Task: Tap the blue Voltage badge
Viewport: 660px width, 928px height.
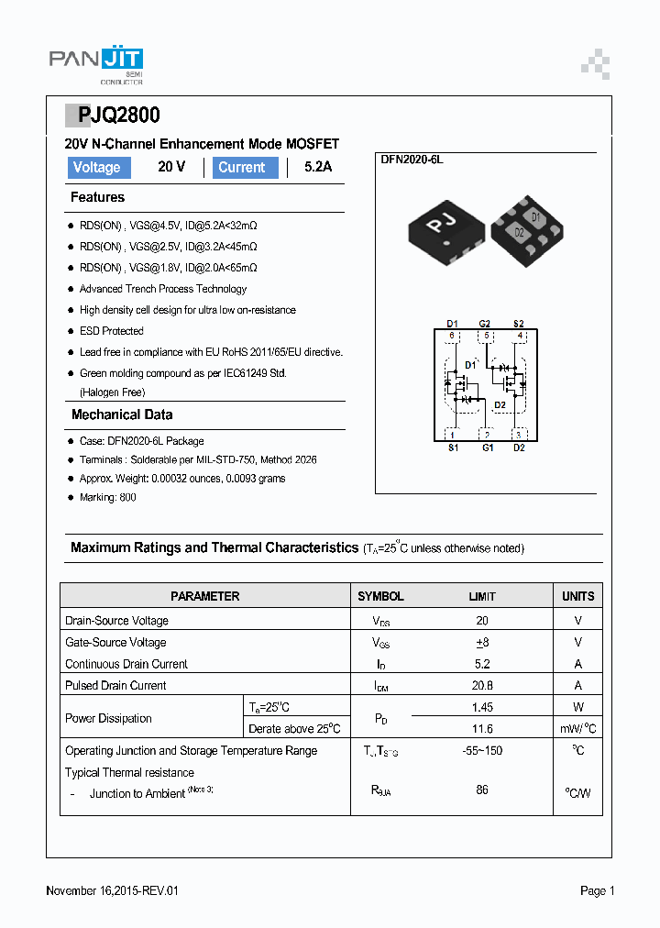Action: [x=97, y=168]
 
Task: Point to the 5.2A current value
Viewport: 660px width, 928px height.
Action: [x=318, y=168]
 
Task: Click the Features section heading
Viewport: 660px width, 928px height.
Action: [x=97, y=197]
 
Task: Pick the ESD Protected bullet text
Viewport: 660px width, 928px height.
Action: [x=112, y=331]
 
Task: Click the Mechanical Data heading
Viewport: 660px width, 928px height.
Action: [x=122, y=414]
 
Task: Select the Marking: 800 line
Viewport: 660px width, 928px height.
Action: [x=108, y=497]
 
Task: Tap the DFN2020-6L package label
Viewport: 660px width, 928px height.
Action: [x=412, y=160]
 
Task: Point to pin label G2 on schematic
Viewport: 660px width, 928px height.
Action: [x=485, y=324]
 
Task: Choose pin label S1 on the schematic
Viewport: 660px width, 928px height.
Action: [x=453, y=447]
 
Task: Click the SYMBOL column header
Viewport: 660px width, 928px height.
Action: [x=380, y=596]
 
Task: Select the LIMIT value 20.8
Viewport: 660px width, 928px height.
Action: [x=482, y=685]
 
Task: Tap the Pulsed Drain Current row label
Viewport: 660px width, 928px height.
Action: [x=115, y=685]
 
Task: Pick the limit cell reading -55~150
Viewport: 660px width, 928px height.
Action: [x=482, y=750]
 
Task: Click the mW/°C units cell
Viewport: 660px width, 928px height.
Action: [x=577, y=728]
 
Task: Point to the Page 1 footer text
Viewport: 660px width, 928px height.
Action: [x=597, y=890]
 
